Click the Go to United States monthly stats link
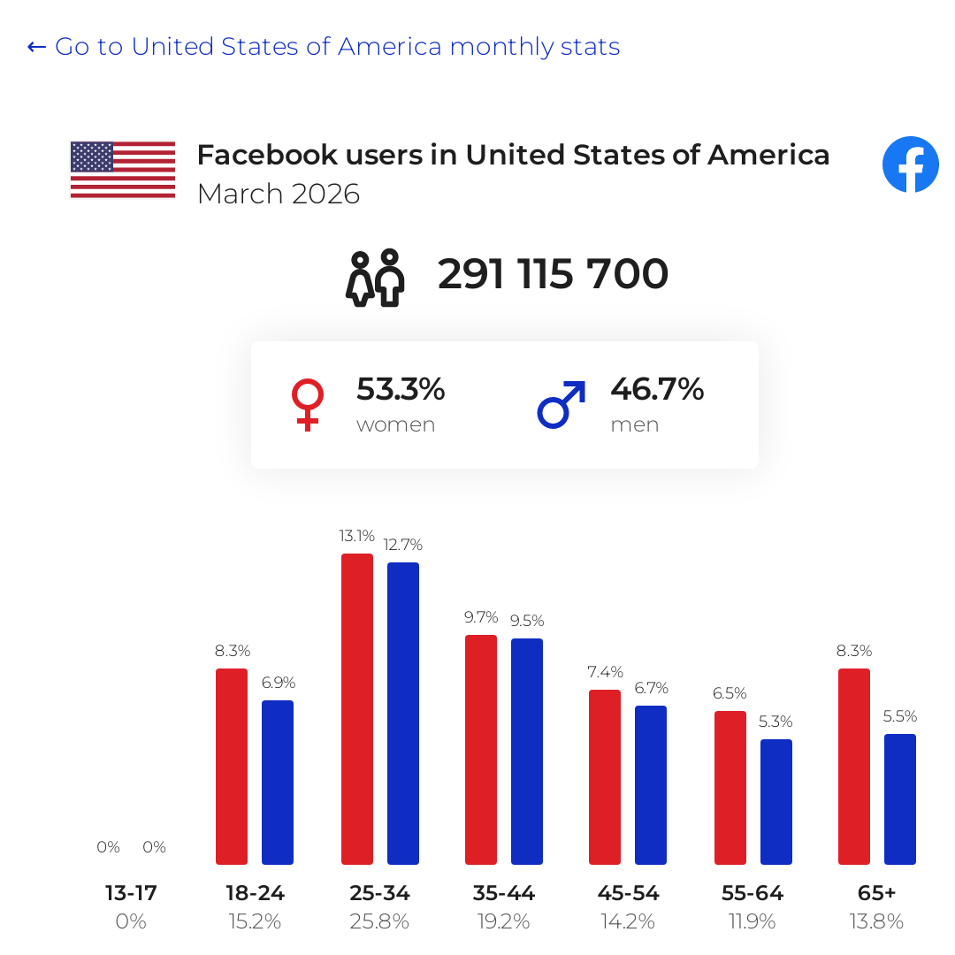(324, 47)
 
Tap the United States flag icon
(123, 170)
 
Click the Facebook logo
(911, 164)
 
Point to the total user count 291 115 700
(553, 273)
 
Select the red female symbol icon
(308, 405)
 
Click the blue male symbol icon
(562, 405)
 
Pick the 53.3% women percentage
(401, 389)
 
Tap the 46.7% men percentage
(657, 389)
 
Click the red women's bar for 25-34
(357, 709)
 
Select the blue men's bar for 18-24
(278, 783)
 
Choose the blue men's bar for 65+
(900, 799)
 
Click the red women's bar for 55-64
(730, 788)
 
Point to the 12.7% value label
(402, 545)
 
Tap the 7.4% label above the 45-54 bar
(606, 672)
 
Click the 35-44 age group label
(504, 893)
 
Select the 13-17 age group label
(131, 893)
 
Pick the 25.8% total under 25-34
(379, 921)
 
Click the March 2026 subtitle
(279, 195)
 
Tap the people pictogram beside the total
(375, 278)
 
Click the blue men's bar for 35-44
(527, 752)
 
